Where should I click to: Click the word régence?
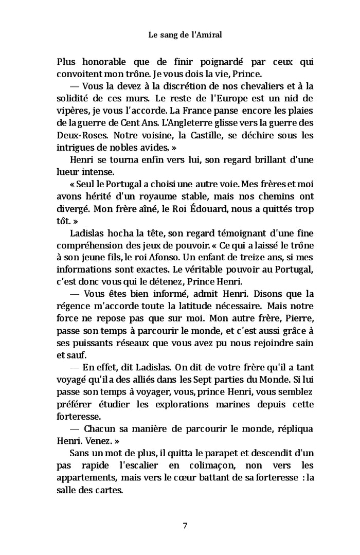[x=77, y=307]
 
